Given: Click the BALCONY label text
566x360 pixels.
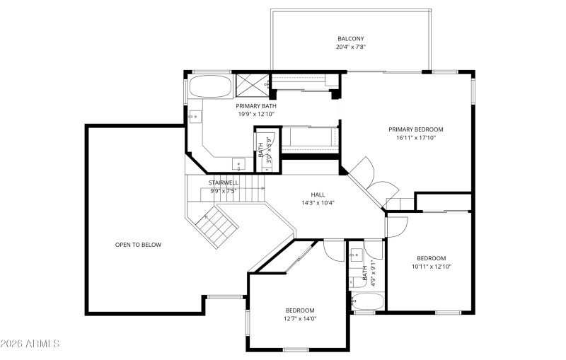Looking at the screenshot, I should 350,38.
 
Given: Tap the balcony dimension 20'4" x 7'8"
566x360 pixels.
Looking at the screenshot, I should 350,47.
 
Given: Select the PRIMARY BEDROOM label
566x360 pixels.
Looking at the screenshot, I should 416,129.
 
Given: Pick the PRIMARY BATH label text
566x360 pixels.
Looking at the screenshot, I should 256,105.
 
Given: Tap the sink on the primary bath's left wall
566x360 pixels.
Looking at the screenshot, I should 192,116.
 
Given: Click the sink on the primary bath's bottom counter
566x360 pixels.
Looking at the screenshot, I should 240,165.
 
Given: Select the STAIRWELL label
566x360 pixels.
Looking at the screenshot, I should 224,182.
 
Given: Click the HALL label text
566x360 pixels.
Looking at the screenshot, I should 318,194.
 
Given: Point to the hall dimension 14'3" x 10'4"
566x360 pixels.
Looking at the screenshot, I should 318,203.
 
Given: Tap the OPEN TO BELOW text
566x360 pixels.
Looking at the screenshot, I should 138,245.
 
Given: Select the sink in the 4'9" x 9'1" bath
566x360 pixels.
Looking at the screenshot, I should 356,254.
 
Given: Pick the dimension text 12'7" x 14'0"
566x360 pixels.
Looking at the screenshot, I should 300,319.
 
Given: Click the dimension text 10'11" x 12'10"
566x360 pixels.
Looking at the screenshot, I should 432,267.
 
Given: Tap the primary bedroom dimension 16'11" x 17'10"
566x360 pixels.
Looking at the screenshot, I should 416,138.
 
